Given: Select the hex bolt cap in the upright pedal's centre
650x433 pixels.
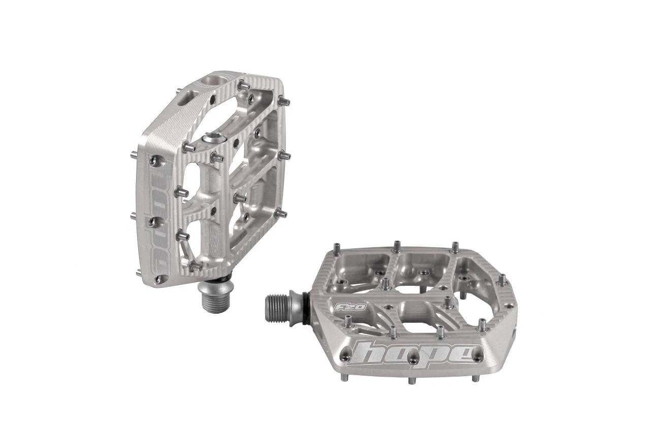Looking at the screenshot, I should [213, 137].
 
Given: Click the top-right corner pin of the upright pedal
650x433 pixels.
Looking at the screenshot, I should [283, 102].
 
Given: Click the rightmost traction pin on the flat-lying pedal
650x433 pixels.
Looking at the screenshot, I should [502, 280].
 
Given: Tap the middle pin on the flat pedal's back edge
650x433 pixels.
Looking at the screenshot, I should [396, 247].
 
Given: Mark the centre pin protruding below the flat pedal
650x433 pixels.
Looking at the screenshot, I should [412, 380].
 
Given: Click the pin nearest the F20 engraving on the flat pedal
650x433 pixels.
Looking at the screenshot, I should [348, 321].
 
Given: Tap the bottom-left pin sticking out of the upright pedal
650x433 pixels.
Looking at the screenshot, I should [138, 273].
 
